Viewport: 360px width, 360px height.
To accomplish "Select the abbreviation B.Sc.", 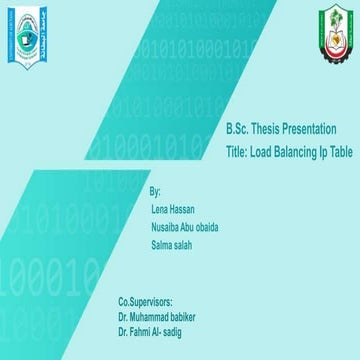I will tap(237, 132).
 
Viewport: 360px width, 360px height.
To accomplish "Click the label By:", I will tap(154, 191).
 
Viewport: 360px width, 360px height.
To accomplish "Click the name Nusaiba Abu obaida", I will tap(185, 227).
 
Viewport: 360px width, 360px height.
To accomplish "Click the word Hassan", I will tap(181, 209).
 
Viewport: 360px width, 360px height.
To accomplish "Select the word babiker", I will tap(179, 314).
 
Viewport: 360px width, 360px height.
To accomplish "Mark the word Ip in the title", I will tap(322, 152).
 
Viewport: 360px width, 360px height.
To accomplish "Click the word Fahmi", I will tap(140, 328).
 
